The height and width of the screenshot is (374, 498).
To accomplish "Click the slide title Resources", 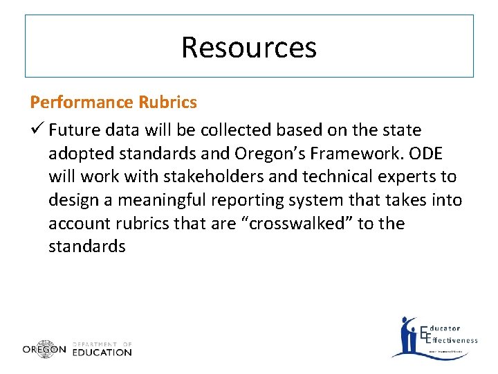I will coord(249,47).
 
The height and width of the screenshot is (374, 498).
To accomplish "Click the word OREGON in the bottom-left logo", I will coord(44,350).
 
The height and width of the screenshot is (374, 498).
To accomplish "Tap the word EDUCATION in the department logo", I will coord(102,352).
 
